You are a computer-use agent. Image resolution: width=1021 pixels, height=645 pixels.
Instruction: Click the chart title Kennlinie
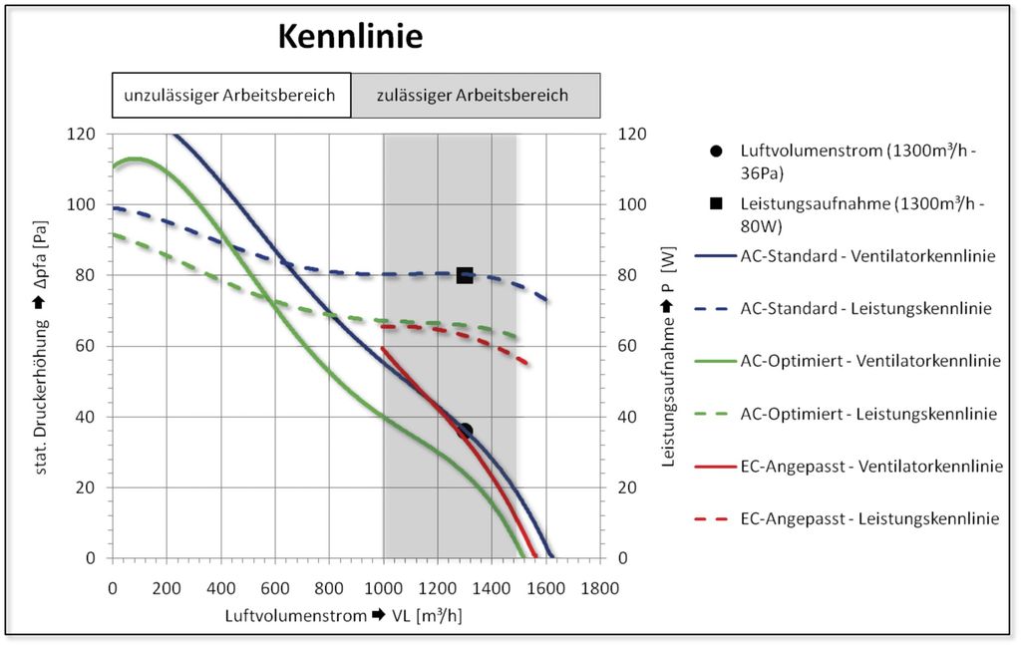click(349, 37)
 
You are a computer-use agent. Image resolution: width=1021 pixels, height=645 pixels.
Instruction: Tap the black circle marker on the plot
click(465, 431)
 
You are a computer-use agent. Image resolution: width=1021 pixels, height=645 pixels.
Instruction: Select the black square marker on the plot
click(465, 275)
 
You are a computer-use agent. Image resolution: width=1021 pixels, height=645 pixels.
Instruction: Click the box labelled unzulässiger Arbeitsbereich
click(230, 97)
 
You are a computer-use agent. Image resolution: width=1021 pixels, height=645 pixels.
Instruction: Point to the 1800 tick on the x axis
click(599, 587)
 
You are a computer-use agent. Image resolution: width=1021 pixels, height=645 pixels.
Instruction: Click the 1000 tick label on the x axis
click(383, 587)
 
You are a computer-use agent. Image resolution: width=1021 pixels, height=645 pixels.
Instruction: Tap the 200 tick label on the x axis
click(167, 587)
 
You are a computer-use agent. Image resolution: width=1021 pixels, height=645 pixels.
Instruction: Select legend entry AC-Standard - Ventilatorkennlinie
click(867, 256)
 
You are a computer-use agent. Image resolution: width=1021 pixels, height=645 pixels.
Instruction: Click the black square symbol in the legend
click(716, 204)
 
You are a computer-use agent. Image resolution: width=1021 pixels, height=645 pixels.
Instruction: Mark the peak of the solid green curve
click(135, 159)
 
